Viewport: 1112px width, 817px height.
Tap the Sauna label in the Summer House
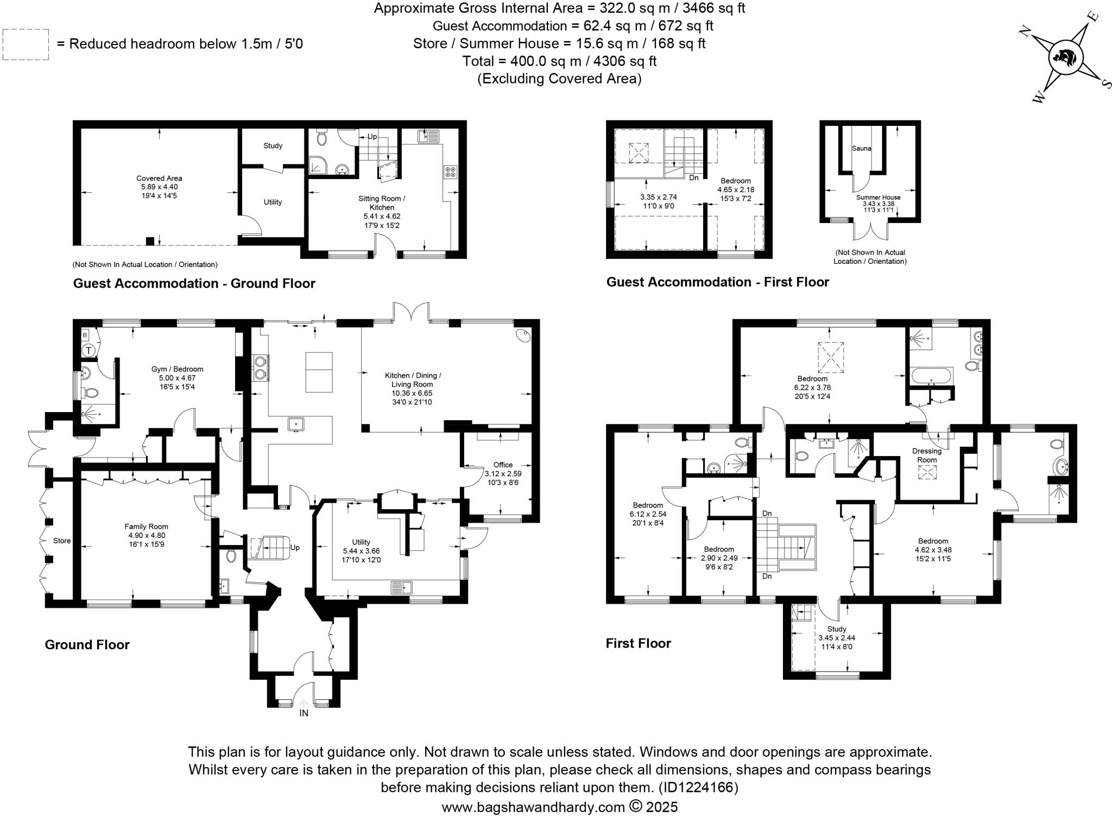(861, 148)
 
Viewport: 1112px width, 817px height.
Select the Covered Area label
(159, 178)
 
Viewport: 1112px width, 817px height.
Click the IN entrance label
(304, 713)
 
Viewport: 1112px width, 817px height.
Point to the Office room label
(503, 465)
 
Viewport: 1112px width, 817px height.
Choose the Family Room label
(146, 527)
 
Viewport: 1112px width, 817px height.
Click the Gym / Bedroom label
(177, 369)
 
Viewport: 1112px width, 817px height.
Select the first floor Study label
(837, 629)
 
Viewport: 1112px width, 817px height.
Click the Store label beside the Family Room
(62, 541)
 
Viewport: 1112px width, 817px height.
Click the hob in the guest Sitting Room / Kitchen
(450, 172)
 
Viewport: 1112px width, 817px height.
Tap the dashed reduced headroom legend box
(26, 45)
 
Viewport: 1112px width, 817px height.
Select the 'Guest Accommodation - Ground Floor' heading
(194, 283)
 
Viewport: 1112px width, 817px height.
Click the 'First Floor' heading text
(639, 643)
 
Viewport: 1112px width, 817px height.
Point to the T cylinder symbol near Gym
(89, 351)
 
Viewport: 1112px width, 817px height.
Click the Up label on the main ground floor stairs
(295, 548)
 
